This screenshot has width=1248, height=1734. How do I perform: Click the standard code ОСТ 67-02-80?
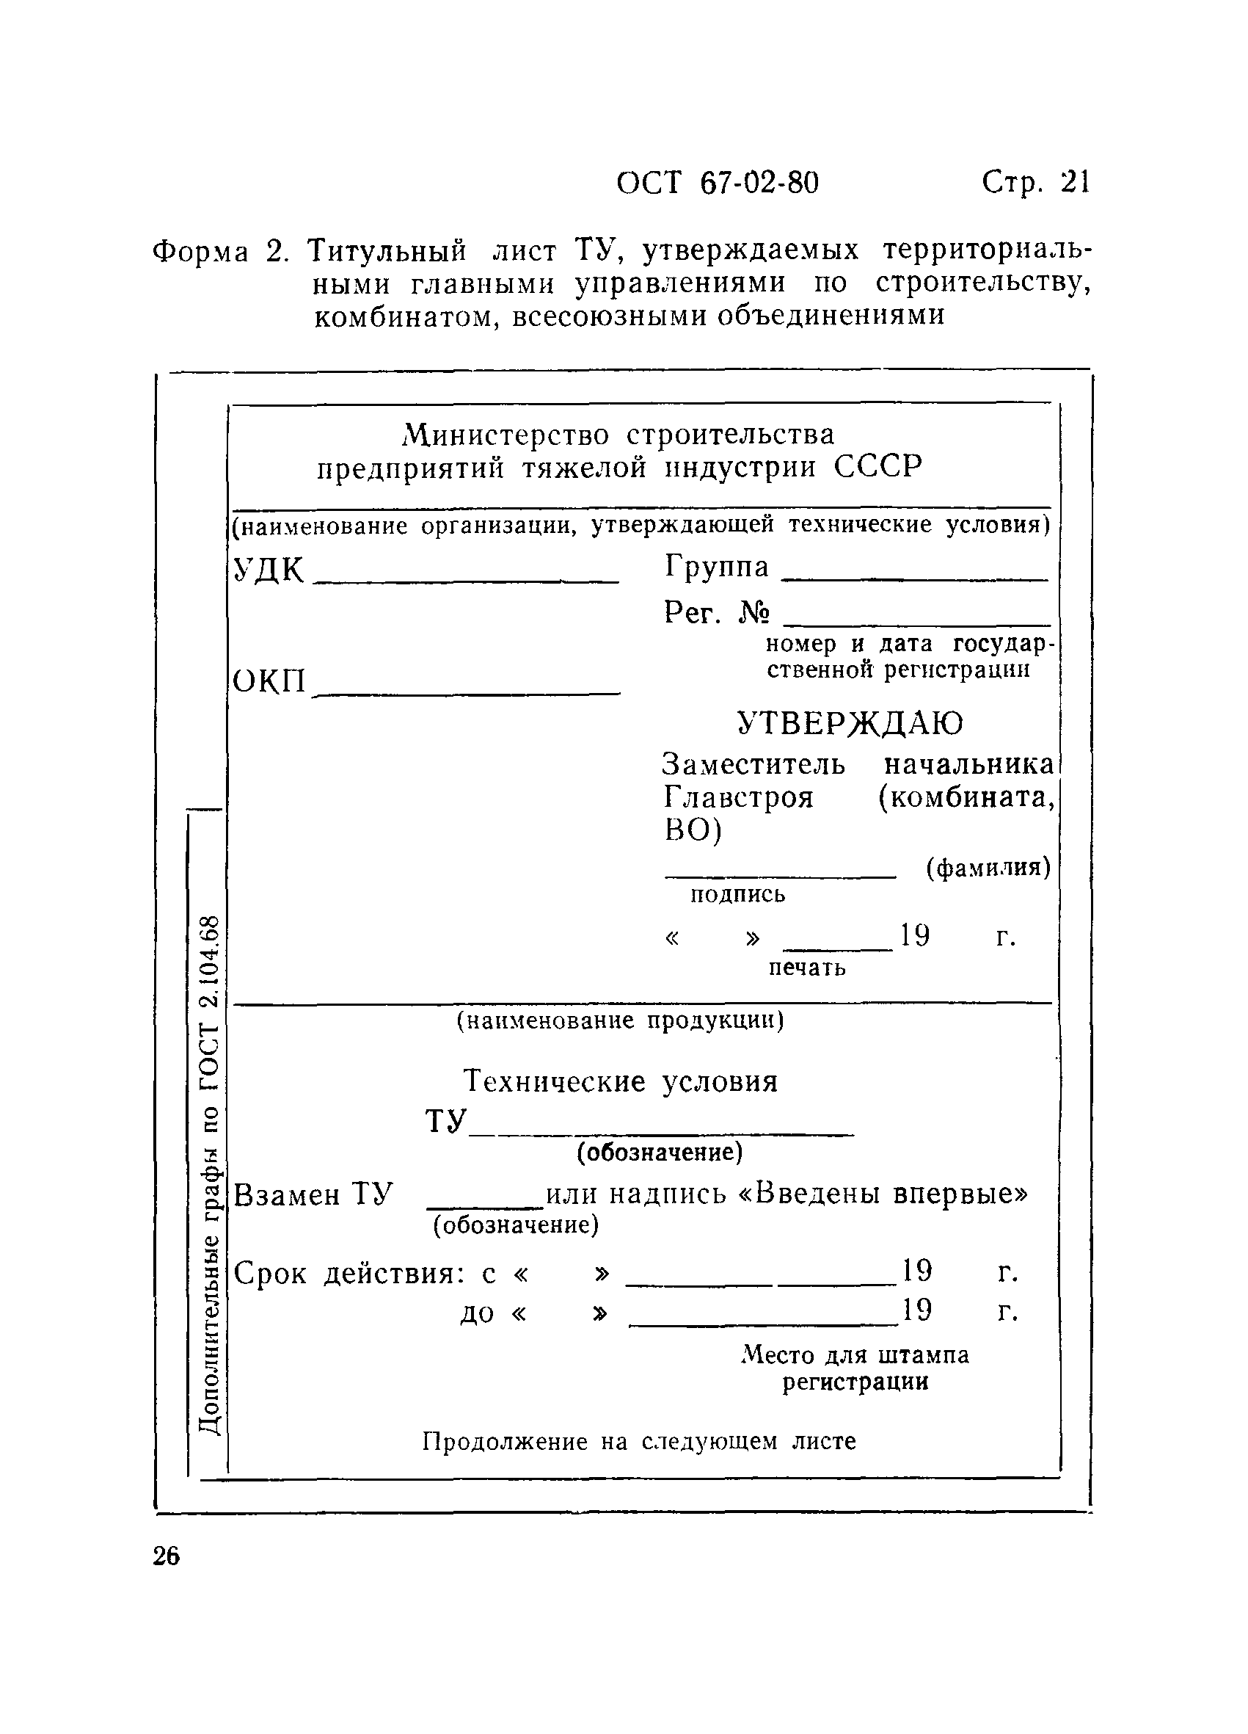point(717,184)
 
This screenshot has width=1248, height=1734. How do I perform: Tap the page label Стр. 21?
point(1035,184)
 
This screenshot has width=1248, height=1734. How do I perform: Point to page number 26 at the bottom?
point(167,1556)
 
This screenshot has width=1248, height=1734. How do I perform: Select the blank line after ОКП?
point(467,693)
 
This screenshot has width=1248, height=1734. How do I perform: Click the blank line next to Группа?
point(916,579)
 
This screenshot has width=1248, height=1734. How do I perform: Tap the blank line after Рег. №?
point(917,624)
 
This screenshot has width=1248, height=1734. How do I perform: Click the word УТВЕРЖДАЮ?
point(850,722)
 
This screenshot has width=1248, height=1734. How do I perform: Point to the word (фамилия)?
point(988,867)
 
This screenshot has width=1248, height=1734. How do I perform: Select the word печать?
point(807,968)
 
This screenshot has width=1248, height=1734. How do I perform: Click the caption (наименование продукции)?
point(620,1020)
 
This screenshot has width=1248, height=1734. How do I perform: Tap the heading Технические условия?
point(621,1081)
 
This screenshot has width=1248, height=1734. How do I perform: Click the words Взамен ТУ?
point(313,1194)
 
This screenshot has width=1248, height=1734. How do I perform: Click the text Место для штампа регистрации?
point(855,1368)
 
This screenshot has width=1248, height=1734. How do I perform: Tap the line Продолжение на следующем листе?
point(639,1442)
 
